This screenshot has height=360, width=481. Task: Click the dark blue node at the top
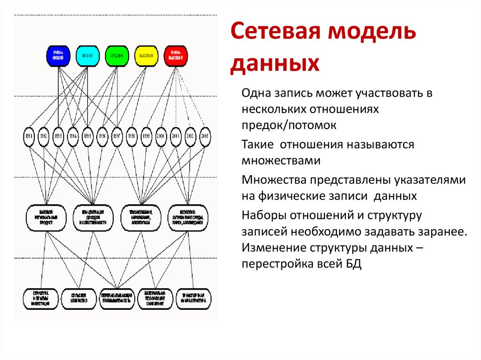click(x=58, y=56)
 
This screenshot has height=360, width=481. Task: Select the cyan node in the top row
click(x=87, y=56)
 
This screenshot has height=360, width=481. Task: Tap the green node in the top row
click(x=117, y=56)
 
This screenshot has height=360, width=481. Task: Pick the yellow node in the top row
click(x=147, y=56)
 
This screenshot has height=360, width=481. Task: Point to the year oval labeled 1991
click(x=29, y=136)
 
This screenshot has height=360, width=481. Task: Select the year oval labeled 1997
click(x=117, y=136)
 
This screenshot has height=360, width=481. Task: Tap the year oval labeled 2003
click(x=204, y=136)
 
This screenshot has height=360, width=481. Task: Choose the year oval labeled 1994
click(x=73, y=136)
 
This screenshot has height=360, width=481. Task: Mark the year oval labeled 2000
click(x=161, y=136)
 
